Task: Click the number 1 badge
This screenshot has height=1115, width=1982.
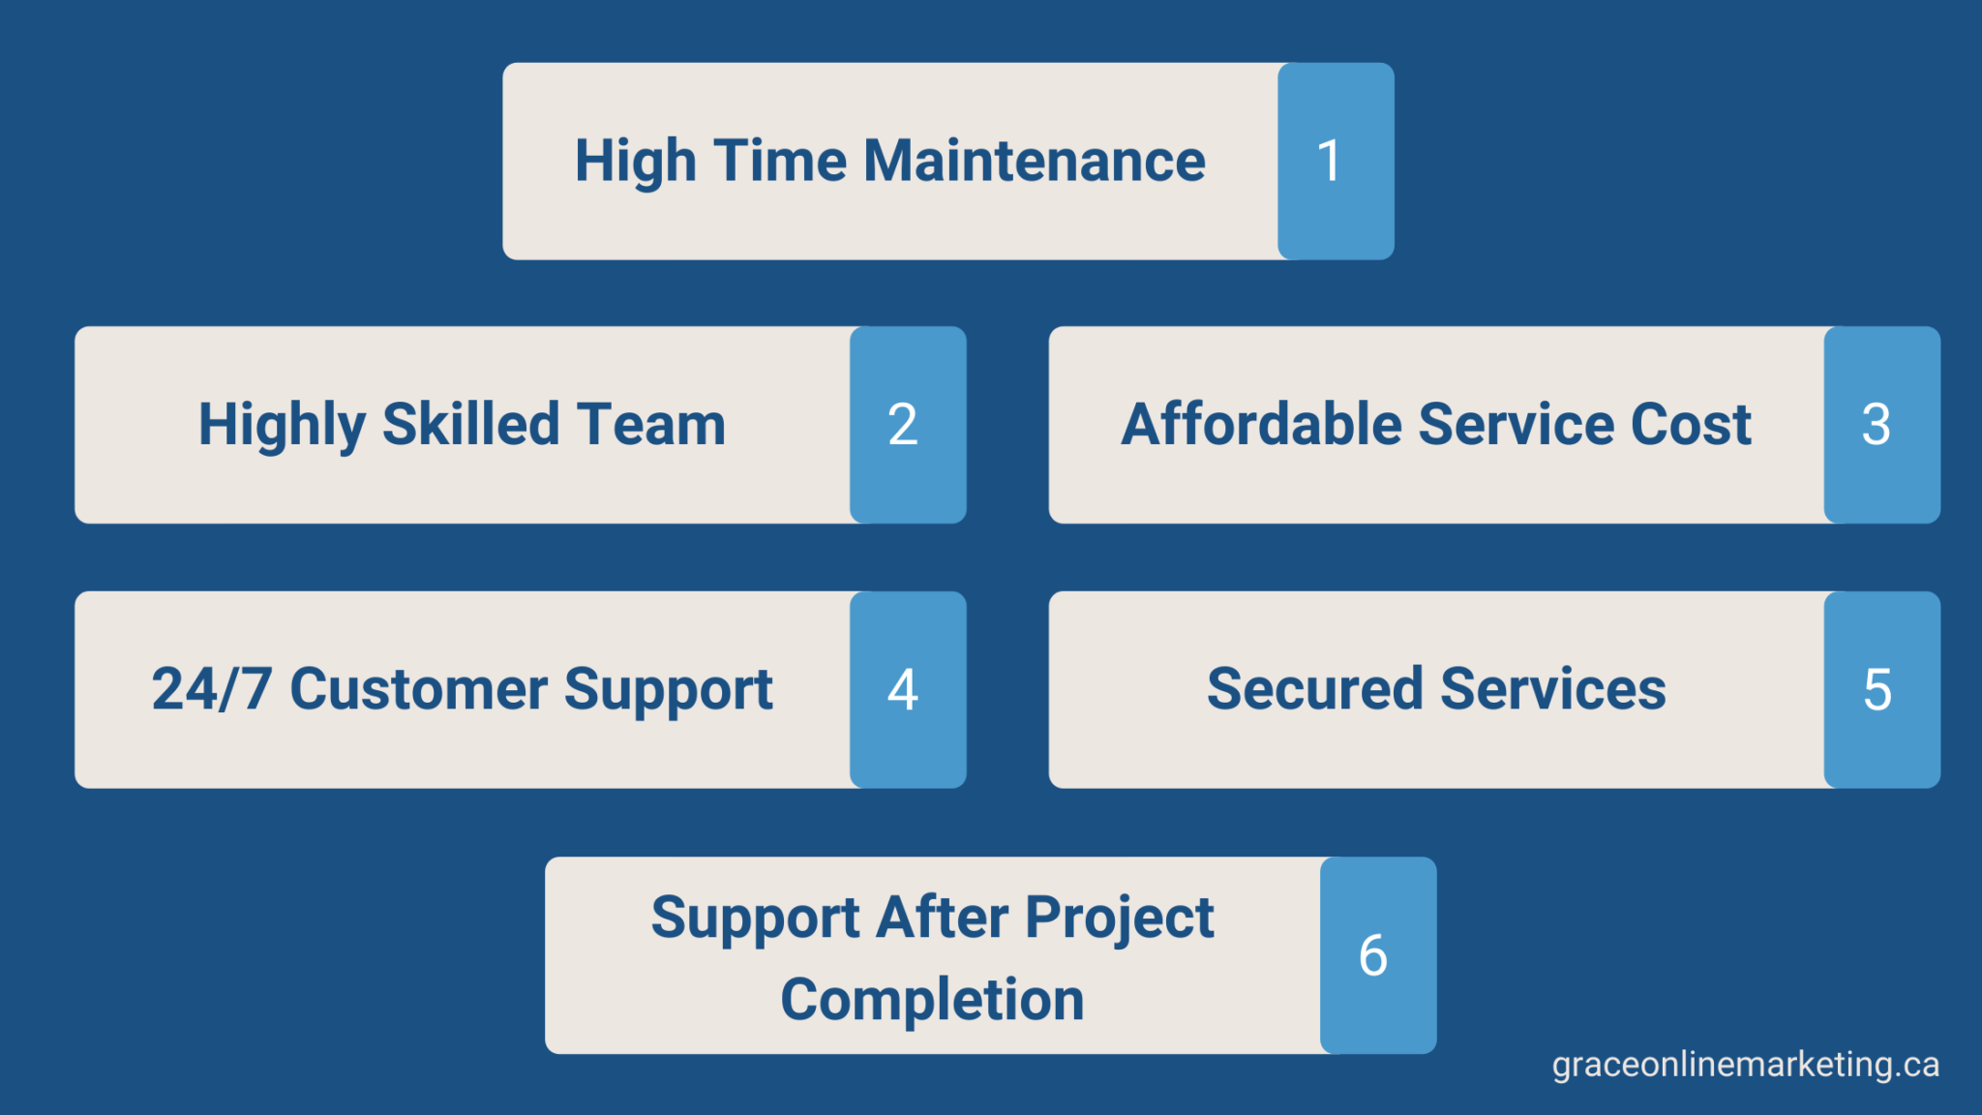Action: coord(1335,161)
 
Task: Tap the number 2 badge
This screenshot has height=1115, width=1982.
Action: coord(907,425)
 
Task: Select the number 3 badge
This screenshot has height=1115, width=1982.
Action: coord(1880,425)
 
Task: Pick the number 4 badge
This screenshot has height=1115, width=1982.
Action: coord(907,689)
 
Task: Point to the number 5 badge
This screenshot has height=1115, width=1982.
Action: coord(1880,689)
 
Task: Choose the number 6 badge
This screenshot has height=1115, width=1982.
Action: coord(1377,955)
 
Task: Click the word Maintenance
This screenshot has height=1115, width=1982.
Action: coord(1034,161)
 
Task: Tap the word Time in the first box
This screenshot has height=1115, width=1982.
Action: coord(780,161)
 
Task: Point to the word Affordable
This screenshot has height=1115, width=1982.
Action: coord(1261,425)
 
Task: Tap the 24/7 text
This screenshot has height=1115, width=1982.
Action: coord(211,689)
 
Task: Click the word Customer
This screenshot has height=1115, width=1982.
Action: coord(418,689)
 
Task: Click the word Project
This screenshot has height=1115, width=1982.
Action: coord(1119,919)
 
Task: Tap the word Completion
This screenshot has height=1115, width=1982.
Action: coord(932,1000)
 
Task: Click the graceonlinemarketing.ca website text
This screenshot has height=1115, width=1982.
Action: coord(1745,1065)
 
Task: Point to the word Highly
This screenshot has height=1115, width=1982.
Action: coord(282,425)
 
